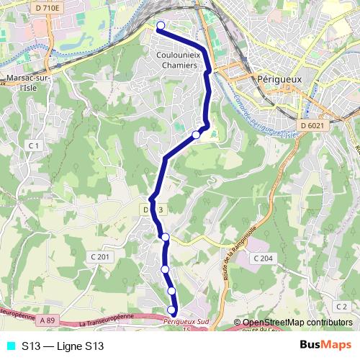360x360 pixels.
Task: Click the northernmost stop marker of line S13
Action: [161, 26]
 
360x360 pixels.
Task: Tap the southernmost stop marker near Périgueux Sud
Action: [171, 310]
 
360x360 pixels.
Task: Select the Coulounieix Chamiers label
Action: [176, 59]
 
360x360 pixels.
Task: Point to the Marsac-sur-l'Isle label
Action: [25, 82]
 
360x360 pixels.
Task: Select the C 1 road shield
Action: [34, 145]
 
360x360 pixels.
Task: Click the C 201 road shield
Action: [101, 257]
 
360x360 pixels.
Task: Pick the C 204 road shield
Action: [263, 258]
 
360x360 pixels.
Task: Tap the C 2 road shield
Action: [341, 307]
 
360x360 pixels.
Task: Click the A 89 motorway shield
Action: [48, 319]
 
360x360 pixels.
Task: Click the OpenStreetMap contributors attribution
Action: [293, 323]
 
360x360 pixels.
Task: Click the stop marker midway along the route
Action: [196, 135]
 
